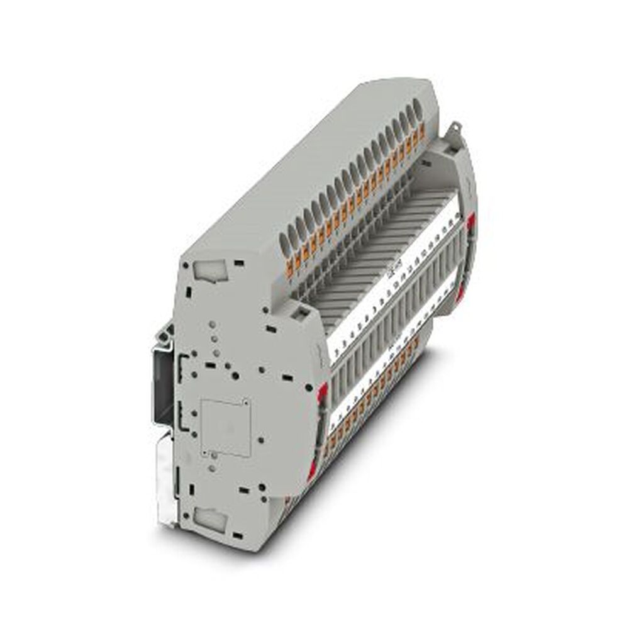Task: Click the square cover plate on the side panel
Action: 225,426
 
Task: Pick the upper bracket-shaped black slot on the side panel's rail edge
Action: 182,365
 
